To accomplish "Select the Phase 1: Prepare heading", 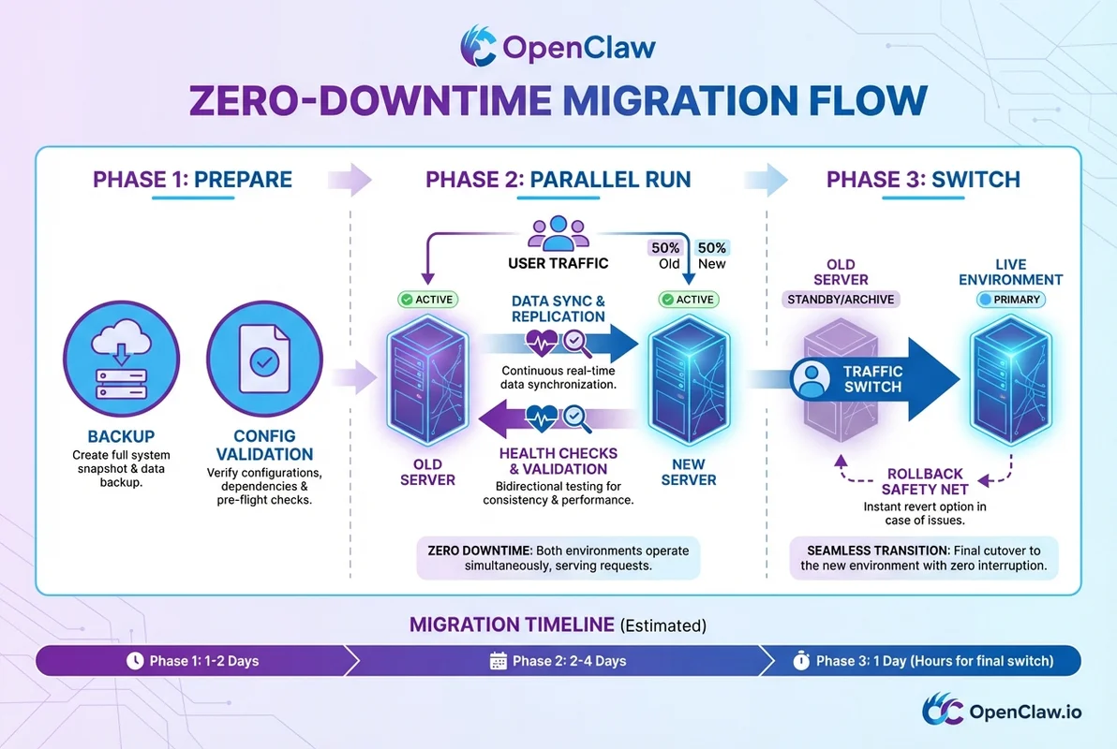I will pos(192,179).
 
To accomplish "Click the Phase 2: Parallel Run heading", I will pos(558,179).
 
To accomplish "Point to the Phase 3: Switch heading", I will pos(923,179).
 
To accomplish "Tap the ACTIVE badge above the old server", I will pos(426,300).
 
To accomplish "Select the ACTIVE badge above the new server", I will pos(689,300).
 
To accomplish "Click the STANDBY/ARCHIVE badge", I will pos(841,300).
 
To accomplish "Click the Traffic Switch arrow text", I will pos(872,378).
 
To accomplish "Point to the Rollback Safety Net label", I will pos(923,481).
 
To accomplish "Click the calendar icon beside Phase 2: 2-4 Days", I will pos(499,661).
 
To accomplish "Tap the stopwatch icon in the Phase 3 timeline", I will pos(801,661).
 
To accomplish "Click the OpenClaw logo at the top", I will pos(558,47).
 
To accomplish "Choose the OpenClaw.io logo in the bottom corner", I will pos(1000,712).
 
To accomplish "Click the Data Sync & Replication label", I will pos(558,309).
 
